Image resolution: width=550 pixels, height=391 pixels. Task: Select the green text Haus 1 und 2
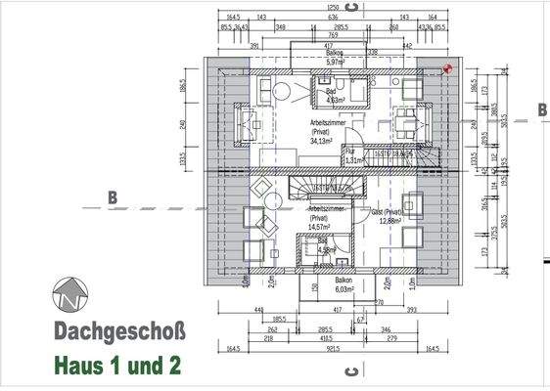click(x=117, y=367)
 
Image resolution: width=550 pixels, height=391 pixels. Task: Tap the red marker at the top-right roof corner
click(x=448, y=69)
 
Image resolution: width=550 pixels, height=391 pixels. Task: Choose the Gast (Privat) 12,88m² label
click(x=386, y=216)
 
